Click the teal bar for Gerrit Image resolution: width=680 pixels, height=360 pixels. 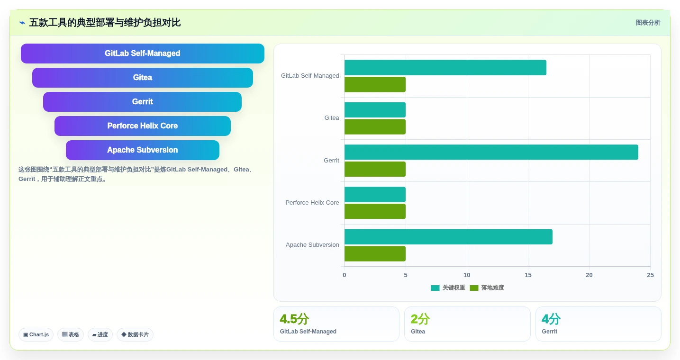tap(491, 152)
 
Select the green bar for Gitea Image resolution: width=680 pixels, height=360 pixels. tap(375, 126)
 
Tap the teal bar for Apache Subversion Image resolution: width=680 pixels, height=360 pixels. tap(448, 237)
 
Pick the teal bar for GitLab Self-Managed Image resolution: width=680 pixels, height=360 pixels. tap(445, 67)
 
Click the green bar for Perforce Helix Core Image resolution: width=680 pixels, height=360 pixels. tap(375, 211)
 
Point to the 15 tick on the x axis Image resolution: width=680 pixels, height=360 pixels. tap(528, 275)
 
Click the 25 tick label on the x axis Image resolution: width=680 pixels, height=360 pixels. tap(650, 275)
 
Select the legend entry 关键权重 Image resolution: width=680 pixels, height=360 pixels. tap(448, 288)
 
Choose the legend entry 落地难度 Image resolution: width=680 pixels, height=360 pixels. tap(487, 288)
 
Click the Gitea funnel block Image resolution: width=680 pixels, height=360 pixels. tap(142, 77)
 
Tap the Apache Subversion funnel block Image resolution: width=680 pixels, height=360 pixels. tap(142, 150)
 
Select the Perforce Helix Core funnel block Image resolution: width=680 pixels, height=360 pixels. tap(142, 126)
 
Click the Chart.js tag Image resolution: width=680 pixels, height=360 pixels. tap(36, 334)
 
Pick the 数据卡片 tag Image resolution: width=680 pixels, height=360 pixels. tap(135, 334)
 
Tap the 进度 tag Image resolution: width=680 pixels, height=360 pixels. tap(100, 334)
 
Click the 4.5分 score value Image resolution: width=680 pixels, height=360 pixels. tap(294, 319)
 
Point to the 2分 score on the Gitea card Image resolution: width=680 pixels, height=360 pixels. tap(420, 319)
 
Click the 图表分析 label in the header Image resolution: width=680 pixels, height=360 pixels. tap(648, 23)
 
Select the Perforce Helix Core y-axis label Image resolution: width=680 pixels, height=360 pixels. tap(312, 202)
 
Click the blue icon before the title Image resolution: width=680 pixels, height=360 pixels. tap(22, 23)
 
